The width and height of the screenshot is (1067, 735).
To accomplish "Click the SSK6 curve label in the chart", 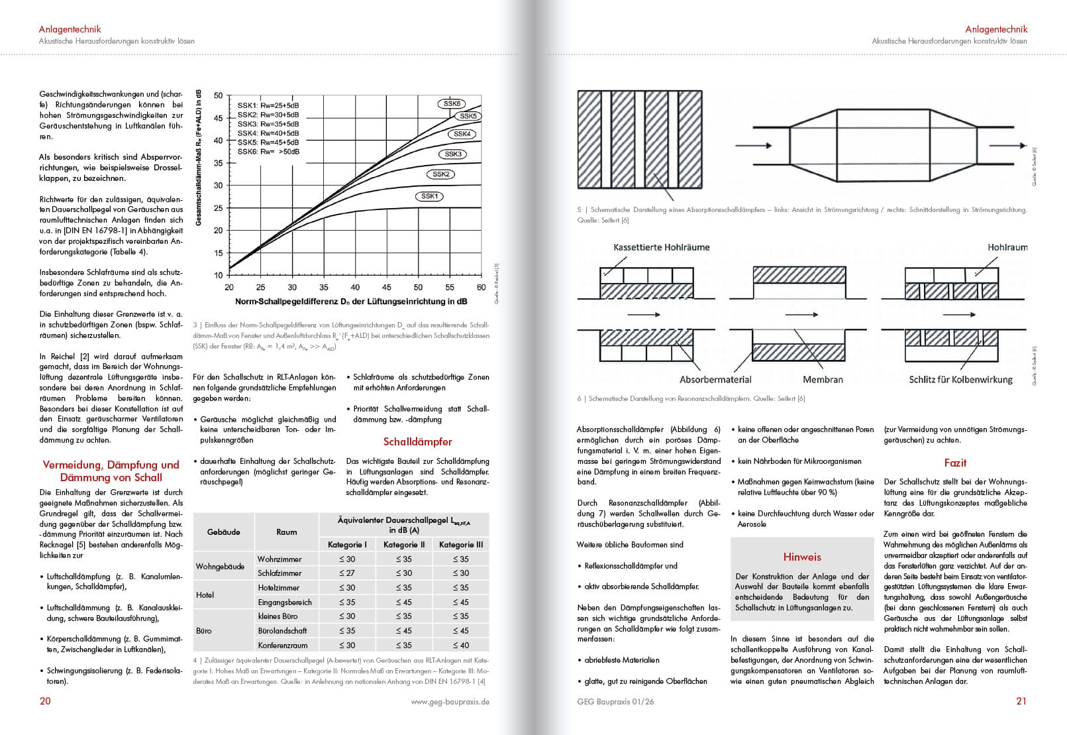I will (452, 103).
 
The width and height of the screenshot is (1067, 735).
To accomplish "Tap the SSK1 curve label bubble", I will (430, 196).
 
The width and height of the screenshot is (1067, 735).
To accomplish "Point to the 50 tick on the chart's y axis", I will (218, 95).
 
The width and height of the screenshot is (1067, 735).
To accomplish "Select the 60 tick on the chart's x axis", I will (482, 288).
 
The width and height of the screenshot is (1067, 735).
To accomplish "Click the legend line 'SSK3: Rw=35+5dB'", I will (268, 124).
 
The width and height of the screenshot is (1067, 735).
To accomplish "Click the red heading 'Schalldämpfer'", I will (418, 441).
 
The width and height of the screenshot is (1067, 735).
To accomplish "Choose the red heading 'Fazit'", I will (955, 463).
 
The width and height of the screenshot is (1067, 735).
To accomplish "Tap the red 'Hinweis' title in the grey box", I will (802, 557).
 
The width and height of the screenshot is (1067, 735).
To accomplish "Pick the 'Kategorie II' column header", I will (404, 545).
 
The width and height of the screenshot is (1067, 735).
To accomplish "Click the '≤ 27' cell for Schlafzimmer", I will (347, 573).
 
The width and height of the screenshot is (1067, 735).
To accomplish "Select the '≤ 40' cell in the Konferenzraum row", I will (461, 645).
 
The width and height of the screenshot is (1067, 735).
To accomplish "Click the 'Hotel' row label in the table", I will (205, 595).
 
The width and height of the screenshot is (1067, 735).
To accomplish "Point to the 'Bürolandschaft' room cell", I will (282, 631).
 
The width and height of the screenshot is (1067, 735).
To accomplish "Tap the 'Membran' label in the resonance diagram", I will (823, 380).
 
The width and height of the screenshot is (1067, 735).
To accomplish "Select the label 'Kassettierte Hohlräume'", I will (661, 247).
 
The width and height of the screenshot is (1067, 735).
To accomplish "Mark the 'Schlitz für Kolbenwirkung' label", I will (960, 380).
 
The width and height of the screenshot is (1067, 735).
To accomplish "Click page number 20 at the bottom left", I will (45, 701).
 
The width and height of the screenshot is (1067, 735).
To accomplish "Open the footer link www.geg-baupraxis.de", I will (450, 702).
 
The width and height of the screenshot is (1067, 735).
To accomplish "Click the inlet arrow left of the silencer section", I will (754, 145).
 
